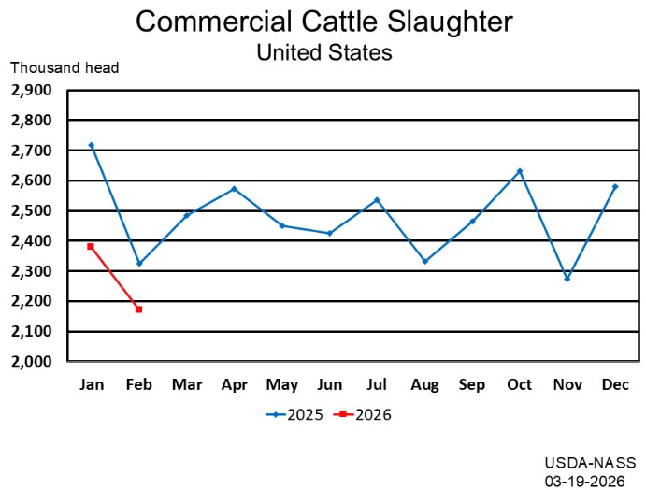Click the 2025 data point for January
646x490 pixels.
coord(91,145)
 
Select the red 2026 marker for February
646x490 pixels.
coord(138,309)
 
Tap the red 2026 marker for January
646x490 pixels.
coord(91,246)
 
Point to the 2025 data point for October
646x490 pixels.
coord(520,171)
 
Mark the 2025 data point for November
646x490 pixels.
coord(567,279)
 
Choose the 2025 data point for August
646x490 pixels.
coord(424,261)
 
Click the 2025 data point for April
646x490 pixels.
coord(234,188)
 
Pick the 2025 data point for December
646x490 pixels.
coord(615,186)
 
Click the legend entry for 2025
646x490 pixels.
coord(294,414)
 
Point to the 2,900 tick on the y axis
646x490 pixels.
coord(35,90)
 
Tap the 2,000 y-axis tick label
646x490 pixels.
coord(35,361)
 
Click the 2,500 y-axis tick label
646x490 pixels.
coord(35,210)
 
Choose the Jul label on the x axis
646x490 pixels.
coord(377,384)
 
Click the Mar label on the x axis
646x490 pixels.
coord(186,384)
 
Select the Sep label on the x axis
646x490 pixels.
coord(472,384)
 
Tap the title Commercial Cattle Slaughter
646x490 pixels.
coord(323,22)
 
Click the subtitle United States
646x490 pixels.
coord(323,52)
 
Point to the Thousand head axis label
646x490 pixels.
coord(65,67)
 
